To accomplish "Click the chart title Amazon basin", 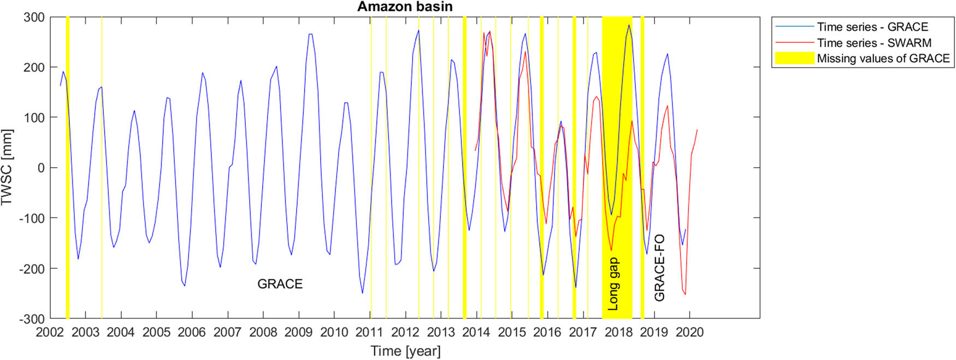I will tap(405, 7).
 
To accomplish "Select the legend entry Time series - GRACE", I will tap(872, 27).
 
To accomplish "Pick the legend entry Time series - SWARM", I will tap(874, 43).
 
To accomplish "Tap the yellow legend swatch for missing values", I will tap(794, 58).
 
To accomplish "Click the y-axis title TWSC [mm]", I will tap(7, 167).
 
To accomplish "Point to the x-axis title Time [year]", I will tap(405, 351).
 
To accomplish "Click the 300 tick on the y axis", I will tap(34, 17).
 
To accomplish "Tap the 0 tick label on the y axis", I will tap(40, 168).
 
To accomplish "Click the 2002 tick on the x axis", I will tap(50, 332).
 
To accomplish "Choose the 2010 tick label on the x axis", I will tap(334, 332).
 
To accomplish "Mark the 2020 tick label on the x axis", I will tap(689, 332).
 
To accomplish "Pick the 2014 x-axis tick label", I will tap(476, 332).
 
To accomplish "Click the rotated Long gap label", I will tap(613, 284).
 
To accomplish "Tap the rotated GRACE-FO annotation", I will tap(659, 268).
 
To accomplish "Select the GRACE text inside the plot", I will tap(280, 284).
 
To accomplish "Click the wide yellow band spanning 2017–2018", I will tap(617, 164).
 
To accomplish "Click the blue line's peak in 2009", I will tap(310, 34).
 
